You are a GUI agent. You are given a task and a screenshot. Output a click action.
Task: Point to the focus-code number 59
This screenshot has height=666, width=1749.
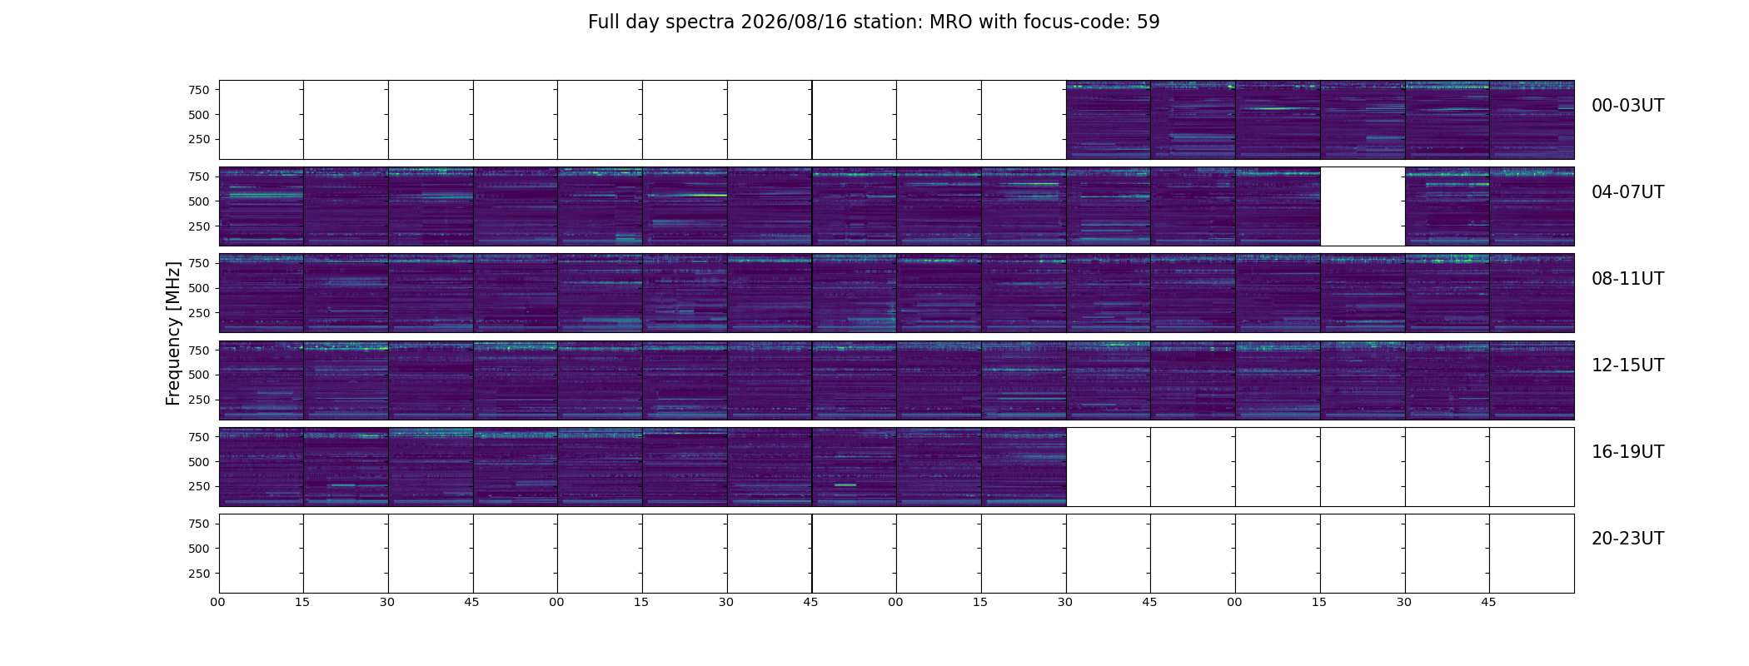[1149, 22]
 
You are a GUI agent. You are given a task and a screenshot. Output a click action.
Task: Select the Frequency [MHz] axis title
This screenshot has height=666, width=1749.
[173, 333]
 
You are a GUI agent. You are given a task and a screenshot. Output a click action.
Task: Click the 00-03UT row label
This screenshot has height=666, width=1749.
[1627, 106]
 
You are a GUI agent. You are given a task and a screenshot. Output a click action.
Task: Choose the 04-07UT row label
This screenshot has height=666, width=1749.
[1627, 192]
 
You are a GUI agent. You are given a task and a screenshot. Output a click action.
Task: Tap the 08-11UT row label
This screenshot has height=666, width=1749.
[1627, 279]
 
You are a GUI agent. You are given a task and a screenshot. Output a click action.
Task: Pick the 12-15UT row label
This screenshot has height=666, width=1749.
[1627, 365]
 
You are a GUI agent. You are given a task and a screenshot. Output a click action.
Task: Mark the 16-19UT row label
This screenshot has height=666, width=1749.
[1627, 452]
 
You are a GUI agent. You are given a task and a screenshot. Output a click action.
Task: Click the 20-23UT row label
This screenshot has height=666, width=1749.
[1627, 539]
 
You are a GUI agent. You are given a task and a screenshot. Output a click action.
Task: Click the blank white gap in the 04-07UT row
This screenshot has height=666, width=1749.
[1363, 206]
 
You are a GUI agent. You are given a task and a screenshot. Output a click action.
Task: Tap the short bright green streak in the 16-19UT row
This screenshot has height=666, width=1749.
[845, 485]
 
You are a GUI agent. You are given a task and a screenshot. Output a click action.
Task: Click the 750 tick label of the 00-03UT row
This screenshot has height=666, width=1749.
[199, 90]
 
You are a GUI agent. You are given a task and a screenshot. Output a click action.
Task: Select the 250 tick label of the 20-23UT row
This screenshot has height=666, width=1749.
[199, 574]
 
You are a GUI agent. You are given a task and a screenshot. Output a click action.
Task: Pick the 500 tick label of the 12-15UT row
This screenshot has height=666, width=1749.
[199, 375]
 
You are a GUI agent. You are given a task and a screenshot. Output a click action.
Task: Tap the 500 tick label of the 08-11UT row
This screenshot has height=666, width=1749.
[199, 289]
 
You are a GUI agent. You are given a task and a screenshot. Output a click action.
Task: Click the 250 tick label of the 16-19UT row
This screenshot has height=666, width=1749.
[199, 487]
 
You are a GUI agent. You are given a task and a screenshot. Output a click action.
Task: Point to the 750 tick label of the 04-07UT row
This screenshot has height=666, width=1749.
[199, 176]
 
